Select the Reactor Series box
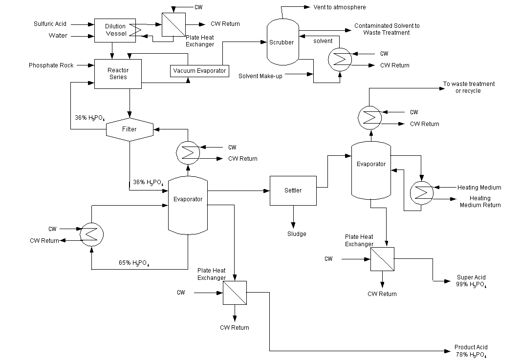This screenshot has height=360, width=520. [118, 74]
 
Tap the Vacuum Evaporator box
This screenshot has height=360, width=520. [199, 71]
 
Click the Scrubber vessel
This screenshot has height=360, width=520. [282, 42]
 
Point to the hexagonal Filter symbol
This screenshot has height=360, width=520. [130, 129]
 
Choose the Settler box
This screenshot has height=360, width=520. [293, 190]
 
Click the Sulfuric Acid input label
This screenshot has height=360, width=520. [50, 23]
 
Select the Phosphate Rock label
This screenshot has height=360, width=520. [51, 65]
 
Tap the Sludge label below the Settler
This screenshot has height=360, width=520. [296, 233]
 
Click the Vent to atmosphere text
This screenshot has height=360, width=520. [340, 7]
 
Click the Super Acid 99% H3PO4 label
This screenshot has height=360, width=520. [471, 281]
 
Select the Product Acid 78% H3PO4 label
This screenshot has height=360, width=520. [470, 351]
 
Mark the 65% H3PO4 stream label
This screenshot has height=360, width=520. [134, 262]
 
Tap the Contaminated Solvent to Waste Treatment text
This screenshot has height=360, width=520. [387, 29]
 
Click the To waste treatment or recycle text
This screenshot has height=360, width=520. [468, 87]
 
